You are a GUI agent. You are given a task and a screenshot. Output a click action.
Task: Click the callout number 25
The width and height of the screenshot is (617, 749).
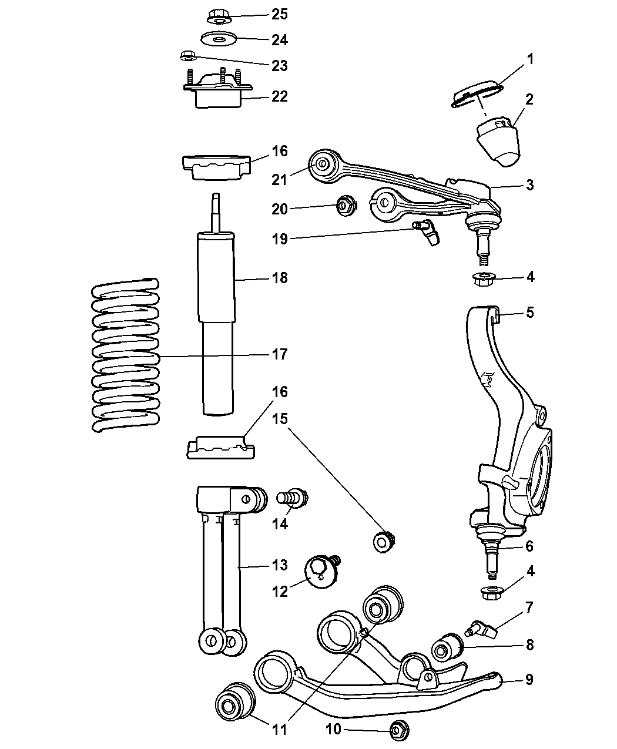pos(280,14)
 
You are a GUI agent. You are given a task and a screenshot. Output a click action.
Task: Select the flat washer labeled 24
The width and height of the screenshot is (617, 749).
pos(218,38)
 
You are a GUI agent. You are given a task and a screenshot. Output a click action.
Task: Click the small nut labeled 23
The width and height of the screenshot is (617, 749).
pos(188,56)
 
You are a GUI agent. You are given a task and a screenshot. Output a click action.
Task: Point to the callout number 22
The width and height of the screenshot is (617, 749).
pos(280,96)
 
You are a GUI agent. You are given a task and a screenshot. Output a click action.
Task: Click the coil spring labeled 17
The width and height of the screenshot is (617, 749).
pos(125,355)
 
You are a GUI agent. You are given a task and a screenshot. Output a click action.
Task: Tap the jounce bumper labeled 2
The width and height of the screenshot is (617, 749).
pos(498,142)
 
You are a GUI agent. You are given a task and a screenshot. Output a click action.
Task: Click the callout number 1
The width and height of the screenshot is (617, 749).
pos(530,59)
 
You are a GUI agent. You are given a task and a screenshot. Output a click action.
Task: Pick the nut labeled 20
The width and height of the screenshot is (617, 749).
pos(346,206)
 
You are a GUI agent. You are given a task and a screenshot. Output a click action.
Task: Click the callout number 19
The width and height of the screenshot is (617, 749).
pos(280,239)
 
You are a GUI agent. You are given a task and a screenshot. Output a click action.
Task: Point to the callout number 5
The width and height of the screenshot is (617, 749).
pos(530,313)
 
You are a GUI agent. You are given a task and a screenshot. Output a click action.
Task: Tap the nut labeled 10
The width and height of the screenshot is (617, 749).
pos(399,729)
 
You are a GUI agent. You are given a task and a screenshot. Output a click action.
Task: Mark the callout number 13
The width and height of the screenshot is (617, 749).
pos(280,565)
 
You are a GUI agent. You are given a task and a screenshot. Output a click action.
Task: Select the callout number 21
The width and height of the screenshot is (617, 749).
pos(280,180)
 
